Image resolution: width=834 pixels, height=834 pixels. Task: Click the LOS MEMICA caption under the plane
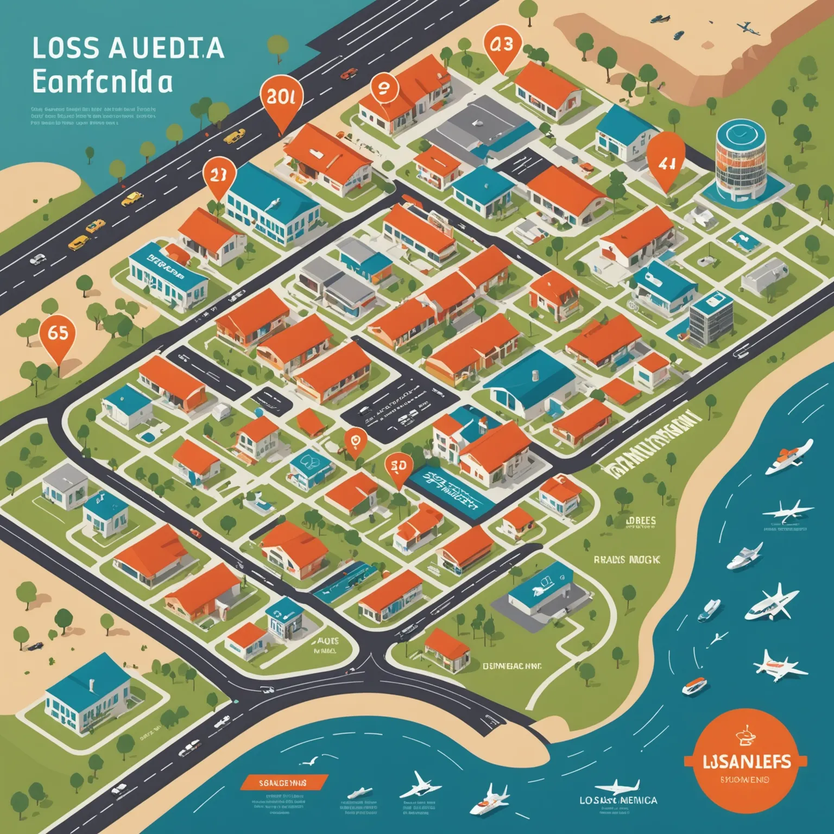coord(617,800)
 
